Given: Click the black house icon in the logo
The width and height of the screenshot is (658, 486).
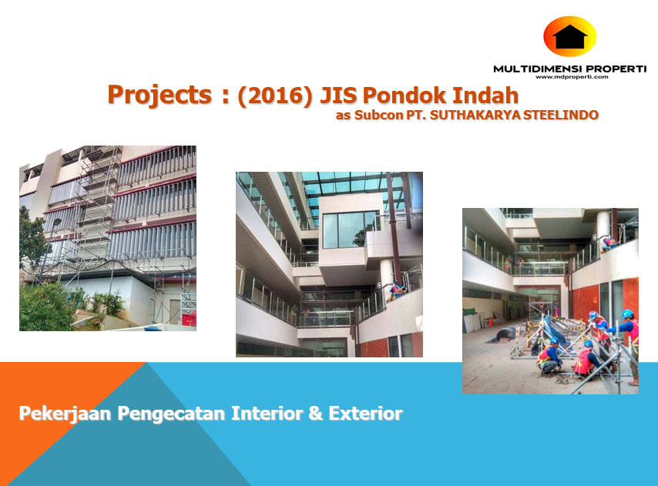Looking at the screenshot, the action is click(x=569, y=37).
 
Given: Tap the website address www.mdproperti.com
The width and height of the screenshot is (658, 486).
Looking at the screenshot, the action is click(x=572, y=77).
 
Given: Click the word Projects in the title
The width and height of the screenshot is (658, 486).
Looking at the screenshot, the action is click(x=160, y=96).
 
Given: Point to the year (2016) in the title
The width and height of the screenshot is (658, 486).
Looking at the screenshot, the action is click(x=275, y=96).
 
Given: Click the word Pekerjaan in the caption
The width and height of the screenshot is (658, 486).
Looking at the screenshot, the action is click(x=65, y=414).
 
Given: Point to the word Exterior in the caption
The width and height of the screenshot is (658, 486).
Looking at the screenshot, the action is click(x=365, y=413).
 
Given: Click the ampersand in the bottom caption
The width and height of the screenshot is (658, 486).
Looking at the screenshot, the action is click(x=316, y=413).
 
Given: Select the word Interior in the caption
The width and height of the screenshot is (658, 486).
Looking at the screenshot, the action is click(x=267, y=413).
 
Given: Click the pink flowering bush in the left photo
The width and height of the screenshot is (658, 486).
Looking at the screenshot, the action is click(x=45, y=307).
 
